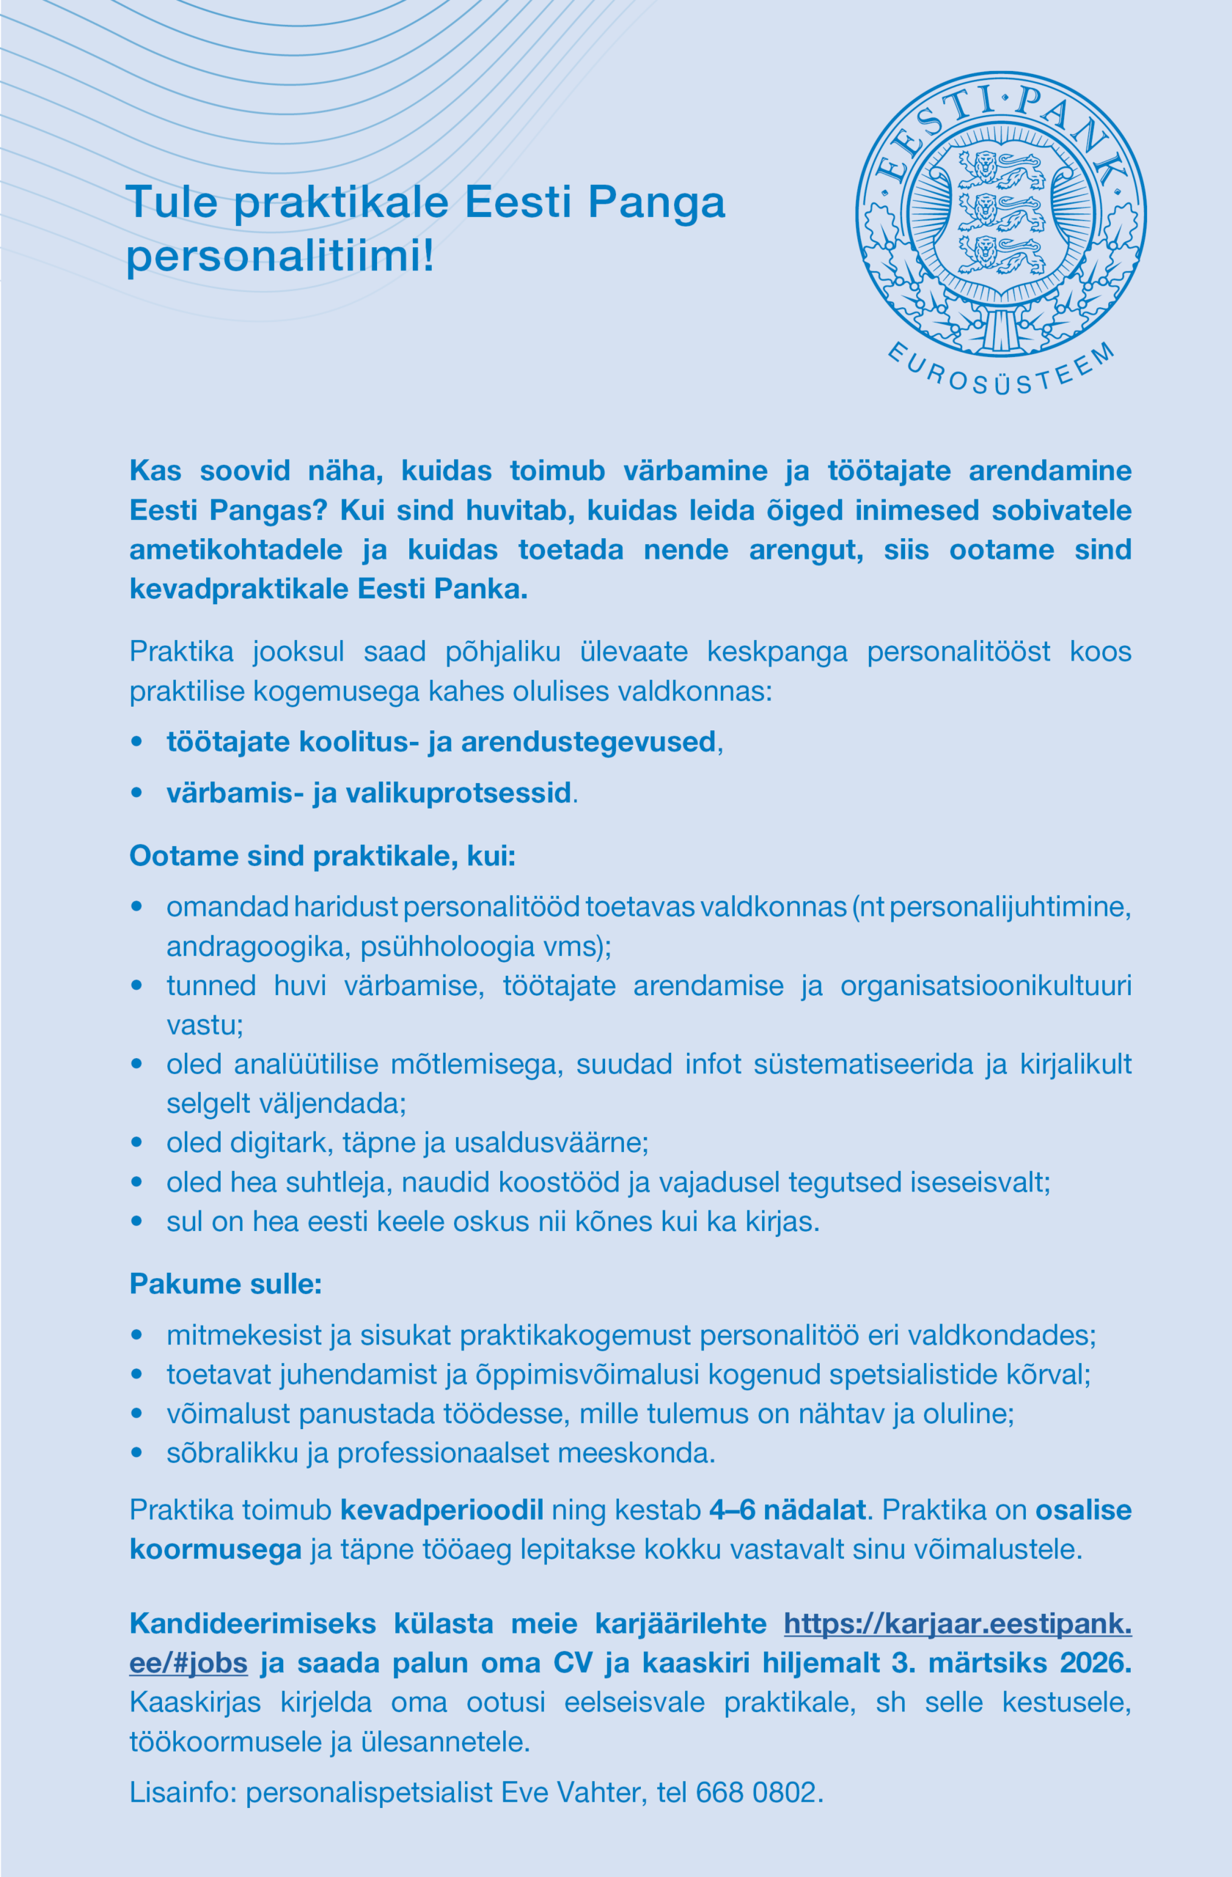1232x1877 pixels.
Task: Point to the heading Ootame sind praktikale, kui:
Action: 323,856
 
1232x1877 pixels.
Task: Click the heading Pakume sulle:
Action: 226,1284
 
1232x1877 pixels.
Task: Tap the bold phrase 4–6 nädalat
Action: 787,1510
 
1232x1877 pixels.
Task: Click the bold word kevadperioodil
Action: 441,1510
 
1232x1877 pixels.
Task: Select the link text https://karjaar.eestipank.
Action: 958,1624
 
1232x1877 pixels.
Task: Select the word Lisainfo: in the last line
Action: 183,1793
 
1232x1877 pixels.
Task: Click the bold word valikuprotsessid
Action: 458,793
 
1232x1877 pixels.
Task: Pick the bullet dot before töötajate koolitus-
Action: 137,742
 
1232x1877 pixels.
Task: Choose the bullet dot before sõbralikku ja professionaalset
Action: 137,1453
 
